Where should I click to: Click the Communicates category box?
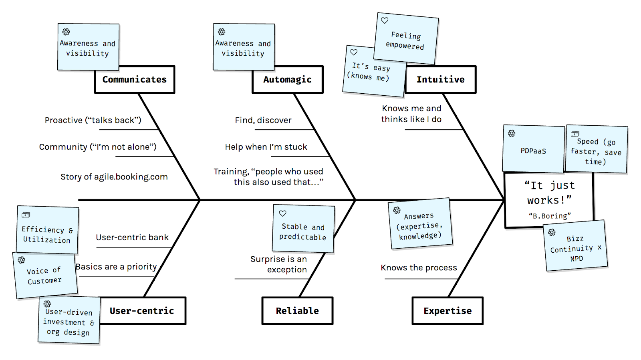135,80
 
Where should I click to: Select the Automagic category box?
287,80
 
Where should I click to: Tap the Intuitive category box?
440,80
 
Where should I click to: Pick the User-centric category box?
142,311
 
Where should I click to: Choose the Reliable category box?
297,311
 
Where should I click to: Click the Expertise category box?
447,311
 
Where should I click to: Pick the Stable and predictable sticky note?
303,229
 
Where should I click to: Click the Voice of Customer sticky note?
45,276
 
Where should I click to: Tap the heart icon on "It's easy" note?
354,52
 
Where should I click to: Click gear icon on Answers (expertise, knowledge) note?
397,210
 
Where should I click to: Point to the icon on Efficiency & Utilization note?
26,215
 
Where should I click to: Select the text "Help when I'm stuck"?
266,147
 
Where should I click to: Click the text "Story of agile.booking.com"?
114,177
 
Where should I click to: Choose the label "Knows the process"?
419,267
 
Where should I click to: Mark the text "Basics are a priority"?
116,267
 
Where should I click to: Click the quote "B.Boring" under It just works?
550,216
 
